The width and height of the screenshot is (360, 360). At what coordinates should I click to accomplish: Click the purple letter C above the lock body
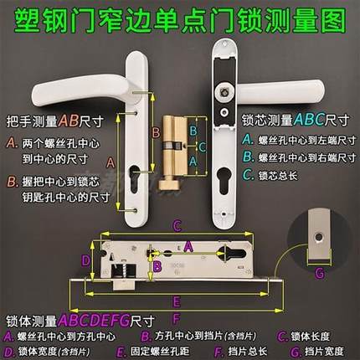[177, 225]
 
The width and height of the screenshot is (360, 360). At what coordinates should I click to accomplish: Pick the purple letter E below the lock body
[173, 300]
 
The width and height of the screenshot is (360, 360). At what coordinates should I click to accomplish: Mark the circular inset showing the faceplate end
[321, 235]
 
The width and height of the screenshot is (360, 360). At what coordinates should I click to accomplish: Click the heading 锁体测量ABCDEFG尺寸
[69, 320]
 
